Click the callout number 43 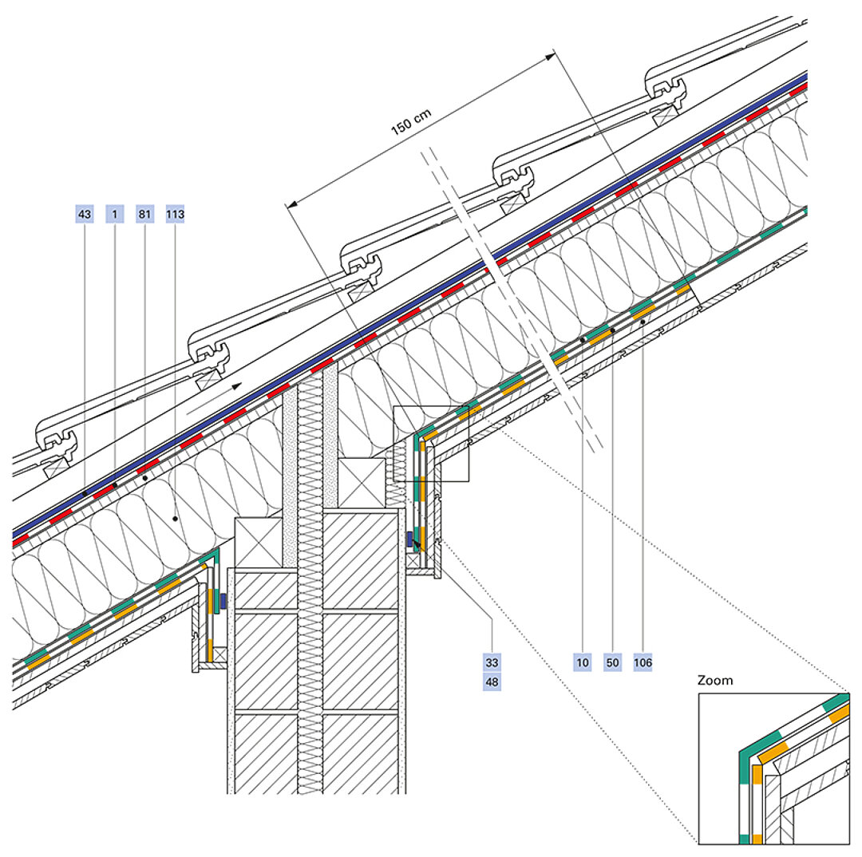click(85, 214)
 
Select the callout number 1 click(115, 214)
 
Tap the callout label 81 click(145, 214)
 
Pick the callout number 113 click(175, 214)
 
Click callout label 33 click(492, 662)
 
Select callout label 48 click(492, 682)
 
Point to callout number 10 click(583, 662)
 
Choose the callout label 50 click(613, 662)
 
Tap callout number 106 click(643, 662)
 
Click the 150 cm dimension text click(411, 121)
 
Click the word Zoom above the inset click(714, 681)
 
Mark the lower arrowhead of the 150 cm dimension click(290, 205)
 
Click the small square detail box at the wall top click(431, 443)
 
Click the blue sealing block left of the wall click(223, 600)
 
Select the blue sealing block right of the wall click(409, 539)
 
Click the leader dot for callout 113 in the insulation click(175, 518)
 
